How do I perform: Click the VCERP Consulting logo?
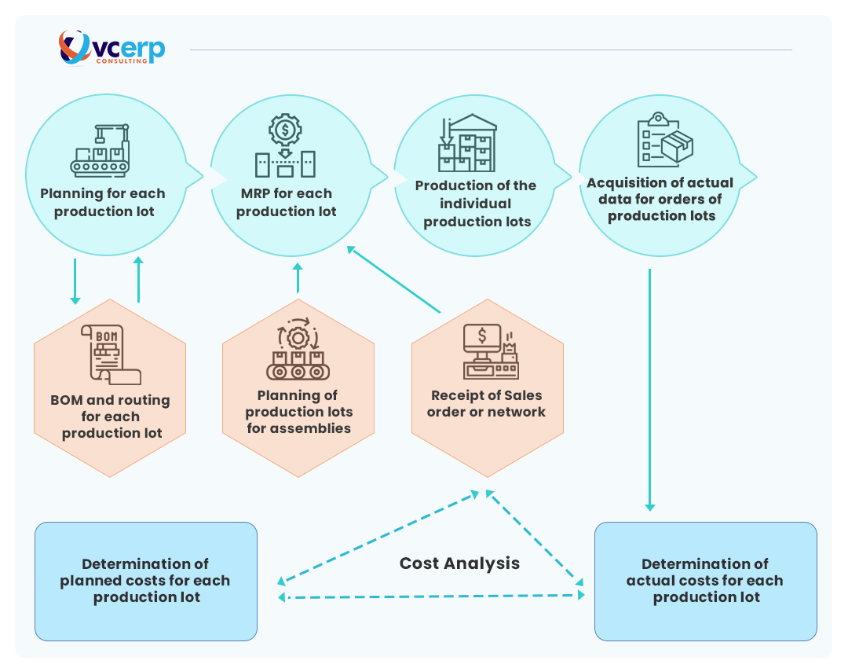111,48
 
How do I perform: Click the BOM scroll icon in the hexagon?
110,354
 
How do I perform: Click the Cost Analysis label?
459,563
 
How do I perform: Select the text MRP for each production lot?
286,202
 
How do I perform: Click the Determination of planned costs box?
146,581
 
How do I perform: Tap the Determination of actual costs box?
705,581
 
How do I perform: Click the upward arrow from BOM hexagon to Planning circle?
138,279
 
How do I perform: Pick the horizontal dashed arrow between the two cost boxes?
432,596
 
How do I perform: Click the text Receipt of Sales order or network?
486,403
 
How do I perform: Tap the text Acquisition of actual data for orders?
660,199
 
